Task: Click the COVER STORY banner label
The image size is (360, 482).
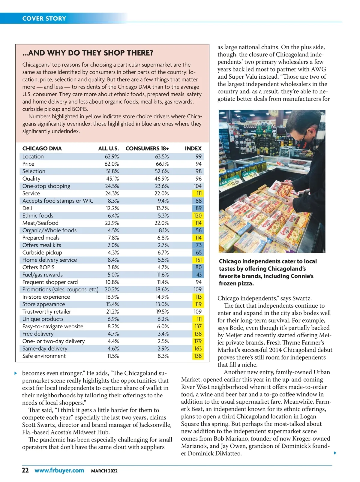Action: click(x=44, y=18)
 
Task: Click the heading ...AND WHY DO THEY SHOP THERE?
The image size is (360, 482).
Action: click(x=88, y=53)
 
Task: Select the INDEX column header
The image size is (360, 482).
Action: click(x=193, y=149)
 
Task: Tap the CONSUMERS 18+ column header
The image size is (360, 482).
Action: click(x=147, y=149)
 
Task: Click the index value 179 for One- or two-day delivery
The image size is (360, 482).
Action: click(x=198, y=341)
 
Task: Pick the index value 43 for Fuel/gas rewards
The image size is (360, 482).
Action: click(x=199, y=275)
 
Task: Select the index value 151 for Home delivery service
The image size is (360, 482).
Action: click(x=198, y=260)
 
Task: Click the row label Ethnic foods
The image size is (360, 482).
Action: click(x=38, y=215)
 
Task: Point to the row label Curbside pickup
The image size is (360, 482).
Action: click(x=42, y=252)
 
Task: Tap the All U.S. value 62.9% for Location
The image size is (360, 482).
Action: click(x=112, y=156)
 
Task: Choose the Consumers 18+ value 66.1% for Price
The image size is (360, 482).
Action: click(x=162, y=164)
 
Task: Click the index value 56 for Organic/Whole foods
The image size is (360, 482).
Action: click(x=199, y=230)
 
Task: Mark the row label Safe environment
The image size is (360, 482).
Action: click(x=44, y=356)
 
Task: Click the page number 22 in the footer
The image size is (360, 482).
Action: click(x=25, y=470)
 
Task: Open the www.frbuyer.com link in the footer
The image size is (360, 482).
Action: click(x=59, y=470)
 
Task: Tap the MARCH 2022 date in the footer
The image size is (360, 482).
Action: click(x=104, y=471)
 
